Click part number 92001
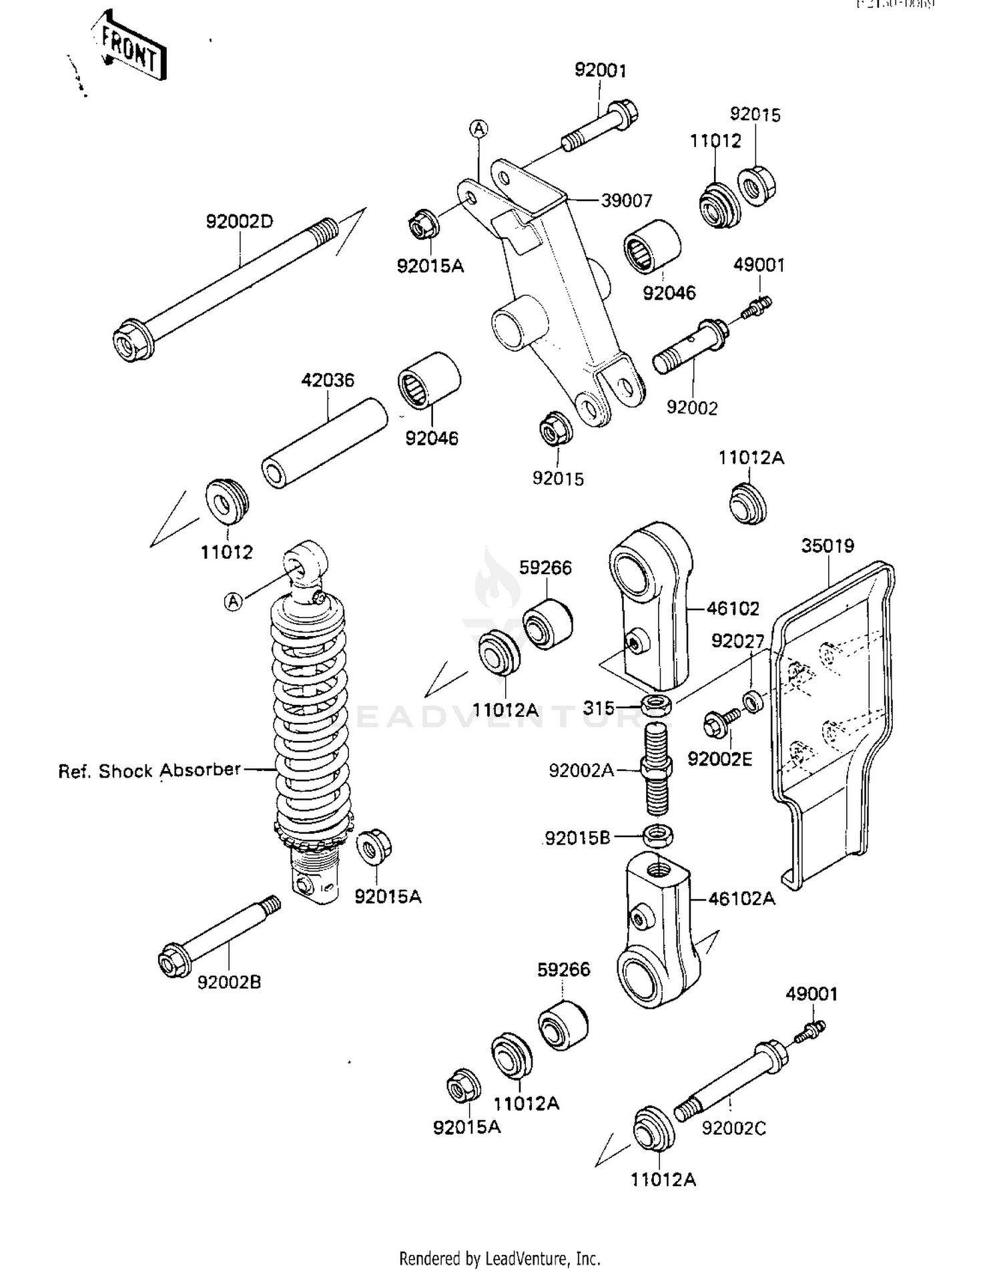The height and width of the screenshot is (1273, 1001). coord(600,71)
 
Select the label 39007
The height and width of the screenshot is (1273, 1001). coord(626,200)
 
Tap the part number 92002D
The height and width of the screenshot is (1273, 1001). coord(240,221)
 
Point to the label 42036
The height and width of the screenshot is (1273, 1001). coord(327,380)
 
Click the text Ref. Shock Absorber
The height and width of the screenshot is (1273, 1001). coord(149,770)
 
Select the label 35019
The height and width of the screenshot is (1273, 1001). coord(827,545)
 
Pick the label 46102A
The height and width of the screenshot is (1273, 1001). coord(741,899)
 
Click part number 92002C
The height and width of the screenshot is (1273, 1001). coord(733,1127)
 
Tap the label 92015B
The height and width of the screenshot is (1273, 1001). coord(577,838)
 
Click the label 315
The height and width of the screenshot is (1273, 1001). coord(598,708)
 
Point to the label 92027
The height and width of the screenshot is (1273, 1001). coord(737,642)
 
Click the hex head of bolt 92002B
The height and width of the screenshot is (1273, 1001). coord(174,961)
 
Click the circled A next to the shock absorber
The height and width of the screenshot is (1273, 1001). coord(233,601)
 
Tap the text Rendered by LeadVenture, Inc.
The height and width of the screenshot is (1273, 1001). coord(499,1258)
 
